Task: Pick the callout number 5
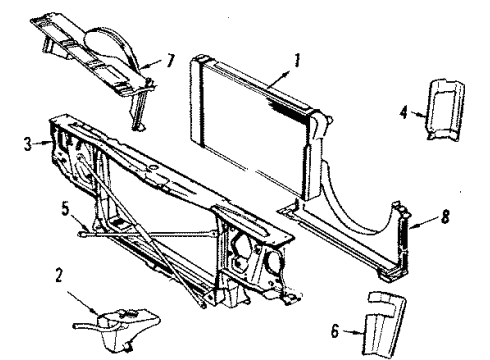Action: click(x=67, y=210)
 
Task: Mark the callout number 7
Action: click(x=170, y=62)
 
